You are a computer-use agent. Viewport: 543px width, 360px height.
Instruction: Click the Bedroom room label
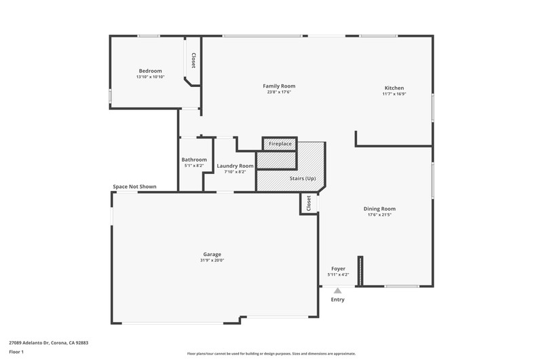click(150, 71)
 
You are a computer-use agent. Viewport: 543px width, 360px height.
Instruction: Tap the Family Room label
click(279, 86)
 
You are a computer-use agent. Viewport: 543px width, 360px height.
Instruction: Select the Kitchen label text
click(394, 88)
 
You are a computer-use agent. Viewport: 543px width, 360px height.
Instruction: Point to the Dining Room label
click(379, 209)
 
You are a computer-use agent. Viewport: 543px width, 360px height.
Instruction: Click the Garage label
click(212, 255)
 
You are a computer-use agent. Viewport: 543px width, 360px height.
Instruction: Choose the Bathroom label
click(194, 160)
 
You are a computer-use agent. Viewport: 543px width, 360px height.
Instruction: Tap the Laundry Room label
click(235, 166)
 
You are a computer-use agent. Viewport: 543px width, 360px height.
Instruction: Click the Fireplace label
click(280, 144)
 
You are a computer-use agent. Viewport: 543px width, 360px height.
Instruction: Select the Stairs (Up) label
click(303, 179)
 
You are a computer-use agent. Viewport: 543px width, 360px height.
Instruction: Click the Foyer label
click(338, 269)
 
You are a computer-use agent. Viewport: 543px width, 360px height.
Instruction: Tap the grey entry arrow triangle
click(337, 291)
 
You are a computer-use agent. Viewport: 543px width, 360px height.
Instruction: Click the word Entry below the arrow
click(337, 300)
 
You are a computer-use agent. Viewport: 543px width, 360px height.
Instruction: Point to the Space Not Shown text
click(134, 187)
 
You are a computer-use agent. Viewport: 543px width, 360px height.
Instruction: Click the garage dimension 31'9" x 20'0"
click(212, 261)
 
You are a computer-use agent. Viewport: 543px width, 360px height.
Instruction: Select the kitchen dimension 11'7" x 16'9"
click(394, 94)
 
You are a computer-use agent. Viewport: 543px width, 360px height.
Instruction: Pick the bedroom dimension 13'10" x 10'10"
click(150, 77)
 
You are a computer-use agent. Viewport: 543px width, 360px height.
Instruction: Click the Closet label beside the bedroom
click(193, 60)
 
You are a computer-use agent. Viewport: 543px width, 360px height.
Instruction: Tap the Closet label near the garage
click(309, 203)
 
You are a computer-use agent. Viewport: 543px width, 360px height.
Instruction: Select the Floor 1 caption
click(16, 352)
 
